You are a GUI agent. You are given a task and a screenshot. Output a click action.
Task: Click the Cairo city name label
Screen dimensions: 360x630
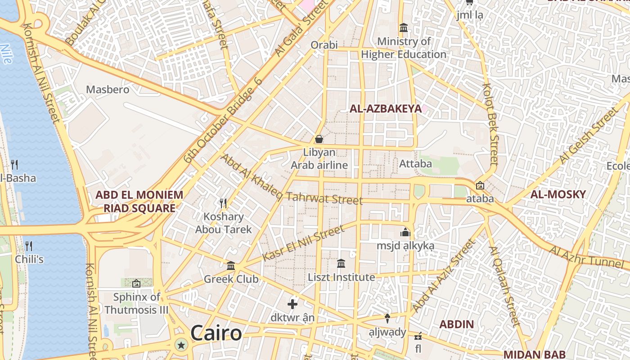tap(216, 333)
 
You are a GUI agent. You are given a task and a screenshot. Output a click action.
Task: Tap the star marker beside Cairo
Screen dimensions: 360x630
tap(181, 345)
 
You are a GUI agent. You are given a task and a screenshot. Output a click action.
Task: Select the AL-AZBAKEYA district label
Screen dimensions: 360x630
tap(386, 108)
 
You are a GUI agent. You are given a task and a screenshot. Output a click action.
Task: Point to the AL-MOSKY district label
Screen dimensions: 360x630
tap(558, 194)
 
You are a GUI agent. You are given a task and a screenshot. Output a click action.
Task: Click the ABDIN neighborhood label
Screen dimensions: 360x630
tap(456, 324)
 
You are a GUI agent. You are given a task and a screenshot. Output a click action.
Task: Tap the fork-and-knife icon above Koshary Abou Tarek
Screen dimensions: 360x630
tap(223, 203)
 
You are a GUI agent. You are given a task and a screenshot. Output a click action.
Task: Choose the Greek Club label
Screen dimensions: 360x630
tap(231, 279)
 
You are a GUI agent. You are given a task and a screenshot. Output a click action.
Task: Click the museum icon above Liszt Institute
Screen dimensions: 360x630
tap(341, 263)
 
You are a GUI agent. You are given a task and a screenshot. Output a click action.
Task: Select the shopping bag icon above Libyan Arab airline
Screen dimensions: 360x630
tap(319, 139)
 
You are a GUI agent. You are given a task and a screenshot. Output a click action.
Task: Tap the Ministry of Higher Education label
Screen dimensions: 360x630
tap(404, 48)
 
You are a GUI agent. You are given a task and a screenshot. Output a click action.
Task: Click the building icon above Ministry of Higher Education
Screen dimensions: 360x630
tap(404, 28)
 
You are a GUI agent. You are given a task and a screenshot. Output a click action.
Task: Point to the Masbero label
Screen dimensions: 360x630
tap(108, 90)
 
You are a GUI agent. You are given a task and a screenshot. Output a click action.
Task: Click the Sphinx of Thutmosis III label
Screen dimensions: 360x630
tap(136, 303)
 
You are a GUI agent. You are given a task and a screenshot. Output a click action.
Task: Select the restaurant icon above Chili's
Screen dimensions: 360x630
tap(29, 246)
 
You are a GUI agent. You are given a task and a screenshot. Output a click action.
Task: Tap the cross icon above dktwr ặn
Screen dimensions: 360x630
tap(292, 304)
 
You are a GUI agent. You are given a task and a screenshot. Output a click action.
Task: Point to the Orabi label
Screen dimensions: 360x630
tap(324, 45)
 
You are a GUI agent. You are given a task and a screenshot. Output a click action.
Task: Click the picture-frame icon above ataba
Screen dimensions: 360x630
tap(480, 185)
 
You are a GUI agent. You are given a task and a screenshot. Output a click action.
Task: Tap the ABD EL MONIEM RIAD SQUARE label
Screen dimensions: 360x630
tap(139, 201)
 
